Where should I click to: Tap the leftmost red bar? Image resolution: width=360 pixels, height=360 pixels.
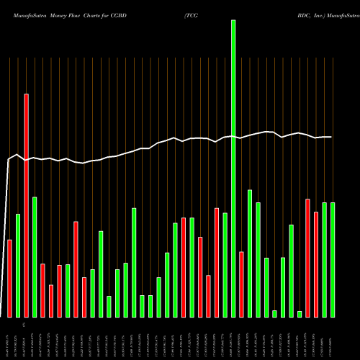(9, 278)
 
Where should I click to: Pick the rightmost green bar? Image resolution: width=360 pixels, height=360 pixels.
(332, 259)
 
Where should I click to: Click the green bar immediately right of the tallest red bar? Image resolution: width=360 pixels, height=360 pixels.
(34, 256)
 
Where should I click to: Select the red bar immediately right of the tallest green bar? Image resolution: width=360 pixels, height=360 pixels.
(241, 284)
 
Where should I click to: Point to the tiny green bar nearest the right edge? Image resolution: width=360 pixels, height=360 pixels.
(299, 313)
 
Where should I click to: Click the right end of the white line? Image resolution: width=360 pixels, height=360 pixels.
(331, 137)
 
